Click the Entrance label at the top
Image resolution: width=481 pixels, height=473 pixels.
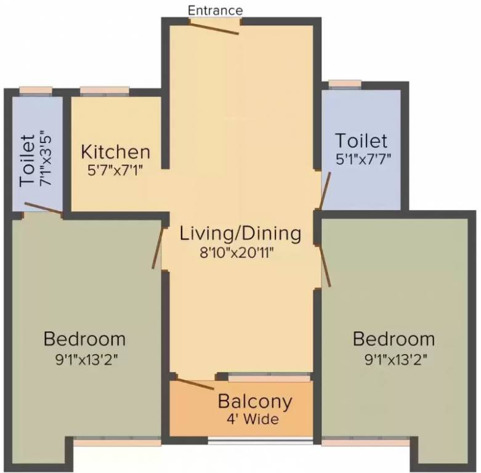[x=215, y=10]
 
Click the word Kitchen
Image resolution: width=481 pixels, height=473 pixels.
[x=116, y=152]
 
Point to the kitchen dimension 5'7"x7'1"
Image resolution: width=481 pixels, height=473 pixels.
[x=115, y=170]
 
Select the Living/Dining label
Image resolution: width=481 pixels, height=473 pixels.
[x=240, y=234]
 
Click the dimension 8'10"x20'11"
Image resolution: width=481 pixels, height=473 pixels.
[x=236, y=253]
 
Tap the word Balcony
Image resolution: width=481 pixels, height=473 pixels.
[x=255, y=402]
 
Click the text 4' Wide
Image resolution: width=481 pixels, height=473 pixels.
[x=253, y=419]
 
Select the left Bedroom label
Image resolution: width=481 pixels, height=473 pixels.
[x=84, y=339]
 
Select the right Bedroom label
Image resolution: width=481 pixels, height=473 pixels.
[x=394, y=339]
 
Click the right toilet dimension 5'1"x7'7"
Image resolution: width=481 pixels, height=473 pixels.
[x=363, y=159]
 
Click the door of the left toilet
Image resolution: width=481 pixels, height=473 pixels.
[x=44, y=208]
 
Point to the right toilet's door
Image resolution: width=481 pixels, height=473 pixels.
[x=325, y=191]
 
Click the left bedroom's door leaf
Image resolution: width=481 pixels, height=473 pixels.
[x=157, y=248]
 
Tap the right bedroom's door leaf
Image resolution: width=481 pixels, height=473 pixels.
[x=325, y=265]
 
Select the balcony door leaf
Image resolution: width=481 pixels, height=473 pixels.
[x=195, y=384]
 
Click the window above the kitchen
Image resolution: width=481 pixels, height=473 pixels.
[x=105, y=91]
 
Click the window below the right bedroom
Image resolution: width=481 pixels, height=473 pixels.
[x=365, y=442]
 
